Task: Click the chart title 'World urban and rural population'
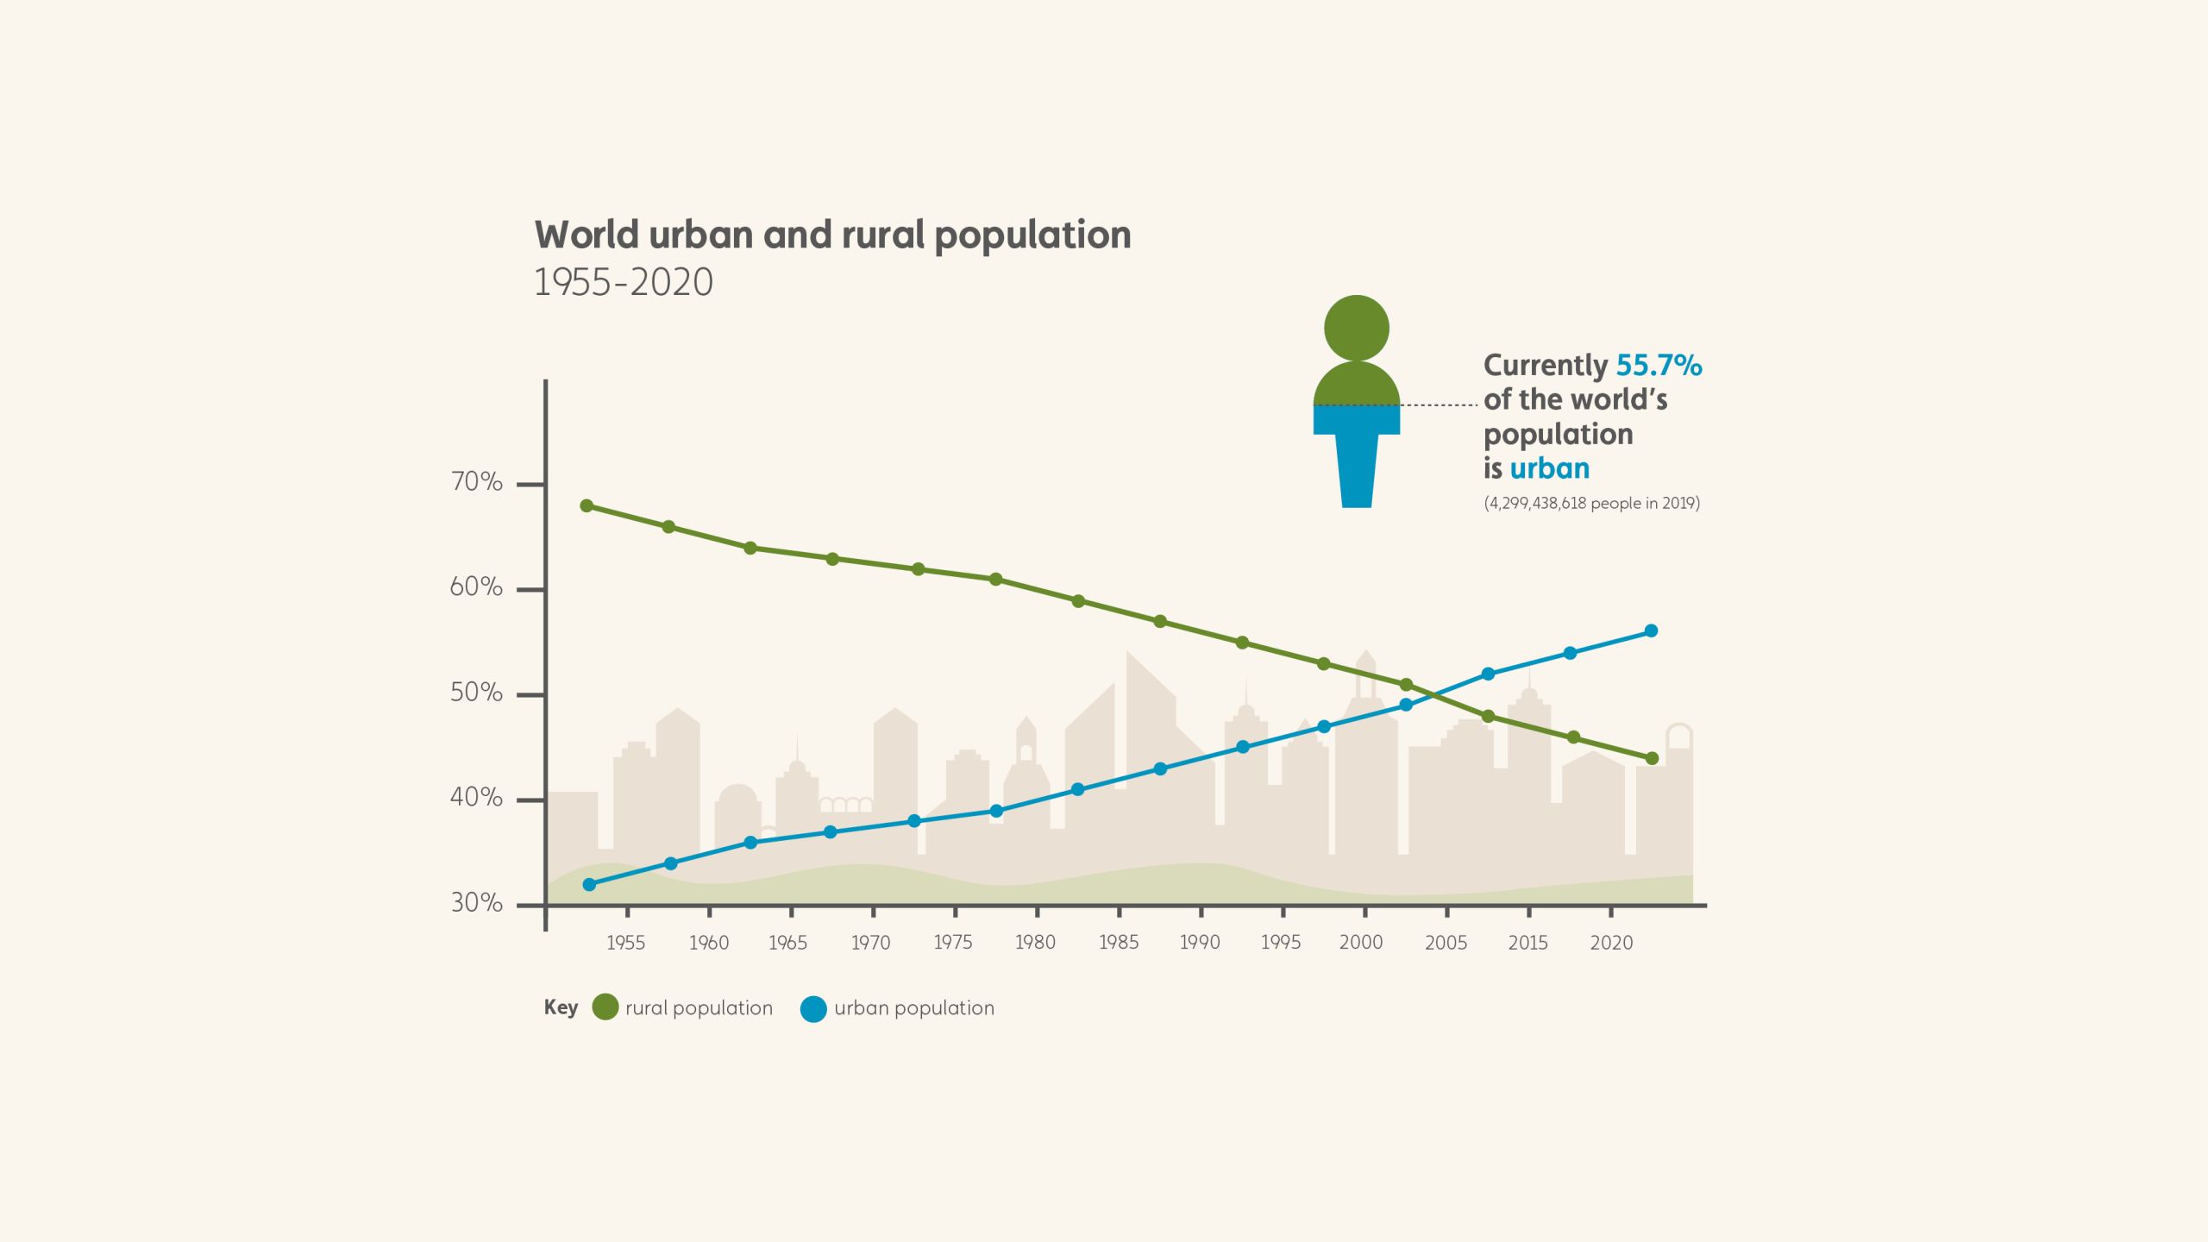[x=832, y=235]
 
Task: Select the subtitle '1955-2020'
[x=624, y=283]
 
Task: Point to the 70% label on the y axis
[x=476, y=482]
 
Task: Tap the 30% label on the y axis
[x=476, y=903]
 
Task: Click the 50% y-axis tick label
[x=476, y=693]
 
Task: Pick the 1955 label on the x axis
[x=625, y=943]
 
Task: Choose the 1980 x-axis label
[x=1035, y=943]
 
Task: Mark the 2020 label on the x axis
[x=1611, y=943]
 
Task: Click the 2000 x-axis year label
[x=1361, y=943]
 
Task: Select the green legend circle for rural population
[x=605, y=1007]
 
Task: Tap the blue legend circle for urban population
[x=813, y=1008]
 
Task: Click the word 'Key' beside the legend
[x=561, y=1007]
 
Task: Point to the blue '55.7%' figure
[x=1659, y=366]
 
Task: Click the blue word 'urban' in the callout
[x=1549, y=468]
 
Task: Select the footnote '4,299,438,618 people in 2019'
[x=1591, y=503]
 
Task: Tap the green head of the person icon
[x=1357, y=328]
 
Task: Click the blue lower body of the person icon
[x=1357, y=457]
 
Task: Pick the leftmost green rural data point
[x=586, y=505]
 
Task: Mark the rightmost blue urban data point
[x=1651, y=631]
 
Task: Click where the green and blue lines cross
[x=1434, y=693]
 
